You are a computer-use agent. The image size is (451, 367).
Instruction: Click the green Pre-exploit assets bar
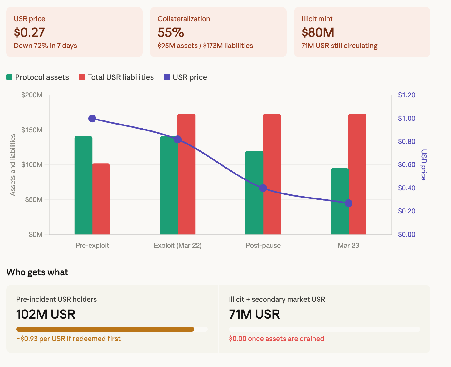point(83,185)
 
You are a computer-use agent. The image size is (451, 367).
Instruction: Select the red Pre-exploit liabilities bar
point(101,199)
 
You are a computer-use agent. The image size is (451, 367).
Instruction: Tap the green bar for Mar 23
point(340,201)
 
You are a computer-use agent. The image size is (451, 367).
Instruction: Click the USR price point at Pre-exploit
point(92,119)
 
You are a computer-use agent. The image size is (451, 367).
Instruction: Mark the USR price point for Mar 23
point(348,203)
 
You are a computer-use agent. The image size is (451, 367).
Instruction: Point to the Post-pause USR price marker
point(263,188)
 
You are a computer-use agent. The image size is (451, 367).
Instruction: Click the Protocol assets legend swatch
point(10,77)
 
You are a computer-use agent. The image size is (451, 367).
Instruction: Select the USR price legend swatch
point(167,77)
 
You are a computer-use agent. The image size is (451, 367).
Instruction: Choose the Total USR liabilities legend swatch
point(82,77)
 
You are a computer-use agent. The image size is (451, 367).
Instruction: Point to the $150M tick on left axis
point(32,130)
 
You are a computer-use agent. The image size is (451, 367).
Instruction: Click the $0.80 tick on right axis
point(406,142)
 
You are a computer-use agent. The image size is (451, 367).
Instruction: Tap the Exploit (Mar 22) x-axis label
point(177,246)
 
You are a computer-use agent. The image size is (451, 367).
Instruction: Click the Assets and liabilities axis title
point(13,165)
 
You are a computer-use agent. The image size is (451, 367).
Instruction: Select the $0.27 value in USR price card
point(29,32)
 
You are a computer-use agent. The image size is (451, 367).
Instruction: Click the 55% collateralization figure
point(171,32)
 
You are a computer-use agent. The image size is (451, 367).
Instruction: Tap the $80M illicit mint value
point(318,32)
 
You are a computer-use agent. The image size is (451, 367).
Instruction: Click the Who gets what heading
point(37,272)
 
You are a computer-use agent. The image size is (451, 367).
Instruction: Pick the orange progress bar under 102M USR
point(105,329)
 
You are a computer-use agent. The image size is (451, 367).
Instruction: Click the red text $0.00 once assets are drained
point(276,339)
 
